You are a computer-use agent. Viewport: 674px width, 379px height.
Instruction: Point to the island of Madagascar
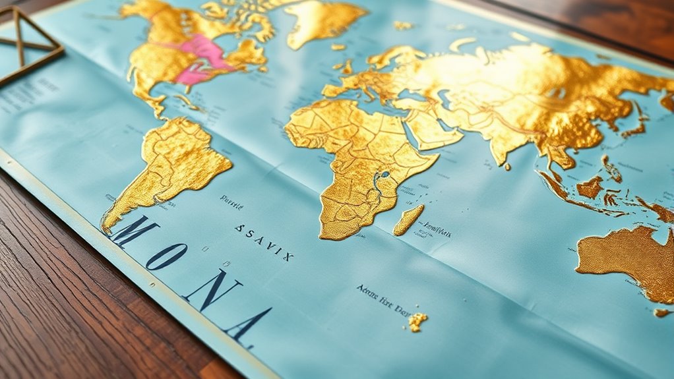(x=409, y=219)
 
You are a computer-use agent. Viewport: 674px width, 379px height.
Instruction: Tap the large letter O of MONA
(x=165, y=256)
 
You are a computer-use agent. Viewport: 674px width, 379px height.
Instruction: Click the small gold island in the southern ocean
(x=417, y=321)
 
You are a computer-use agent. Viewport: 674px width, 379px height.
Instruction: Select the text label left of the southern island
(x=382, y=298)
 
